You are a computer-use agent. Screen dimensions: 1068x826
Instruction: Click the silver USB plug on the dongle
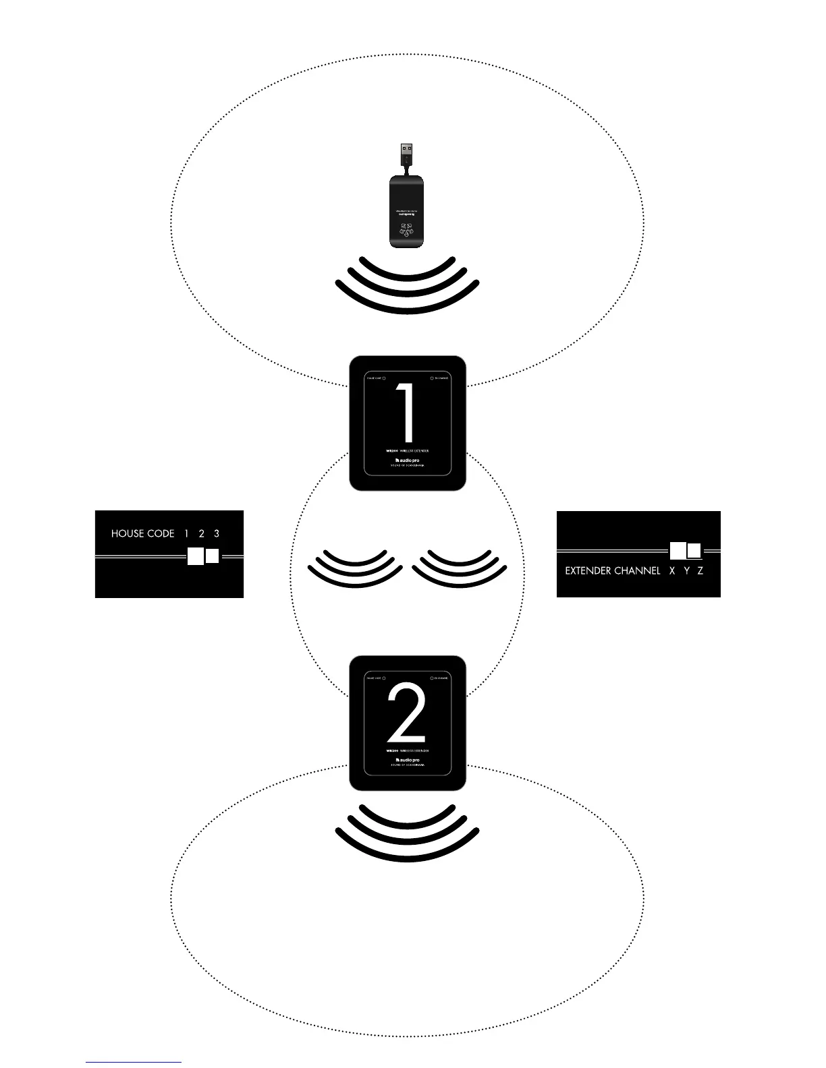[407, 150]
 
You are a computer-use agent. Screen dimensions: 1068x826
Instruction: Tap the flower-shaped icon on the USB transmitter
[408, 229]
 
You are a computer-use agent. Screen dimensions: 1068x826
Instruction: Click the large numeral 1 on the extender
[406, 413]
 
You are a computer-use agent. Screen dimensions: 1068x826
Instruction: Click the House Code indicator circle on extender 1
[384, 378]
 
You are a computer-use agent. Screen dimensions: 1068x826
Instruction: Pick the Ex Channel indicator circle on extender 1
[432, 378]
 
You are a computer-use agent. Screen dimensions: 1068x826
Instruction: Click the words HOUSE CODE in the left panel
[142, 533]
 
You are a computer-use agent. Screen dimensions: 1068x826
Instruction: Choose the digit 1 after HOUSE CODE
[186, 533]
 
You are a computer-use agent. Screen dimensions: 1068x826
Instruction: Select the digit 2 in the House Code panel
[201, 533]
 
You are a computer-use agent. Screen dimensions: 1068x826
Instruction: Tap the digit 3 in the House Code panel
[217, 533]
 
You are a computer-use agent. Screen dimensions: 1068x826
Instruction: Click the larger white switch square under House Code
[195, 557]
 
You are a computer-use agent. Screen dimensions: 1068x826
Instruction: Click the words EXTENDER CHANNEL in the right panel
[612, 571]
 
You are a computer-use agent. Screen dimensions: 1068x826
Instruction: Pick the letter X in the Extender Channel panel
[671, 571]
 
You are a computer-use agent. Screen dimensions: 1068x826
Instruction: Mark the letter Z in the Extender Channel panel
[700, 571]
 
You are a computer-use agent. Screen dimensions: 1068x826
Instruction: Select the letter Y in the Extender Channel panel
[686, 571]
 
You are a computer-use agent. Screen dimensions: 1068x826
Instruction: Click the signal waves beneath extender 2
[407, 833]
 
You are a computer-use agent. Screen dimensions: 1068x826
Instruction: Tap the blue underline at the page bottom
[134, 1062]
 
